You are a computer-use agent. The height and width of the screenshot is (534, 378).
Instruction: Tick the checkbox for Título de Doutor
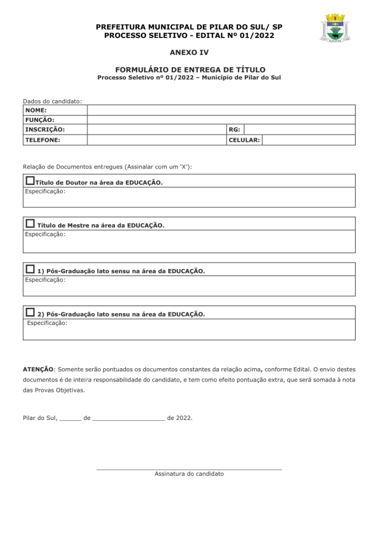pyautogui.click(x=30, y=181)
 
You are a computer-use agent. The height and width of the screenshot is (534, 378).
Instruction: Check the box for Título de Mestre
pyautogui.click(x=30, y=224)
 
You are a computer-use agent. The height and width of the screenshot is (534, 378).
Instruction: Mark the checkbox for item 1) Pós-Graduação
pyautogui.click(x=30, y=269)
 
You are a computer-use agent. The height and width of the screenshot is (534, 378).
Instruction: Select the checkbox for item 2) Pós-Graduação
pyautogui.click(x=30, y=312)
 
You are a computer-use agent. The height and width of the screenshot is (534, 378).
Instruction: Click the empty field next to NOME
pyautogui.click(x=221, y=110)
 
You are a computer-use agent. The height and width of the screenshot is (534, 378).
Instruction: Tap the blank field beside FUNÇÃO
pyautogui.click(x=221, y=120)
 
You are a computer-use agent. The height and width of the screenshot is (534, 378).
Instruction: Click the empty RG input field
pyautogui.click(x=299, y=129)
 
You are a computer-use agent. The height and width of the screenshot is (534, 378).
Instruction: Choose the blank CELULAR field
pyautogui.click(x=308, y=140)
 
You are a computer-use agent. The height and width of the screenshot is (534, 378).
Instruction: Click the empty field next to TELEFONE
pyautogui.click(x=156, y=140)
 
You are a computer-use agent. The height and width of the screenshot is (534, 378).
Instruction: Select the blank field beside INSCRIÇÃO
pyautogui.click(x=156, y=129)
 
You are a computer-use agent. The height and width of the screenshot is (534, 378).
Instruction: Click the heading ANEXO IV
pyautogui.click(x=188, y=53)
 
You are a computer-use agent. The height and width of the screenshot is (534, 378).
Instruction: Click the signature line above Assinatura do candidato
pyautogui.click(x=189, y=469)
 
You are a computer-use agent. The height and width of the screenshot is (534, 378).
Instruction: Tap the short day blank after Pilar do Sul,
pyautogui.click(x=70, y=419)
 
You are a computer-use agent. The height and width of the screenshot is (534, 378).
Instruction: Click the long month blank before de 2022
pyautogui.click(x=128, y=419)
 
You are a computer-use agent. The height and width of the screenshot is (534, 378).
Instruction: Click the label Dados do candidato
pyautogui.click(x=52, y=101)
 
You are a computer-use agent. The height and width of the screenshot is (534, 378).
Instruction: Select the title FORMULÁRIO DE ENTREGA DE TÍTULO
pyautogui.click(x=189, y=69)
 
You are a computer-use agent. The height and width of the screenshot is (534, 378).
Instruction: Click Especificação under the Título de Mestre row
pyautogui.click(x=45, y=234)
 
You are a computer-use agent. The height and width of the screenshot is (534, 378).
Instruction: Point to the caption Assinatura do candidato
pyautogui.click(x=189, y=474)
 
